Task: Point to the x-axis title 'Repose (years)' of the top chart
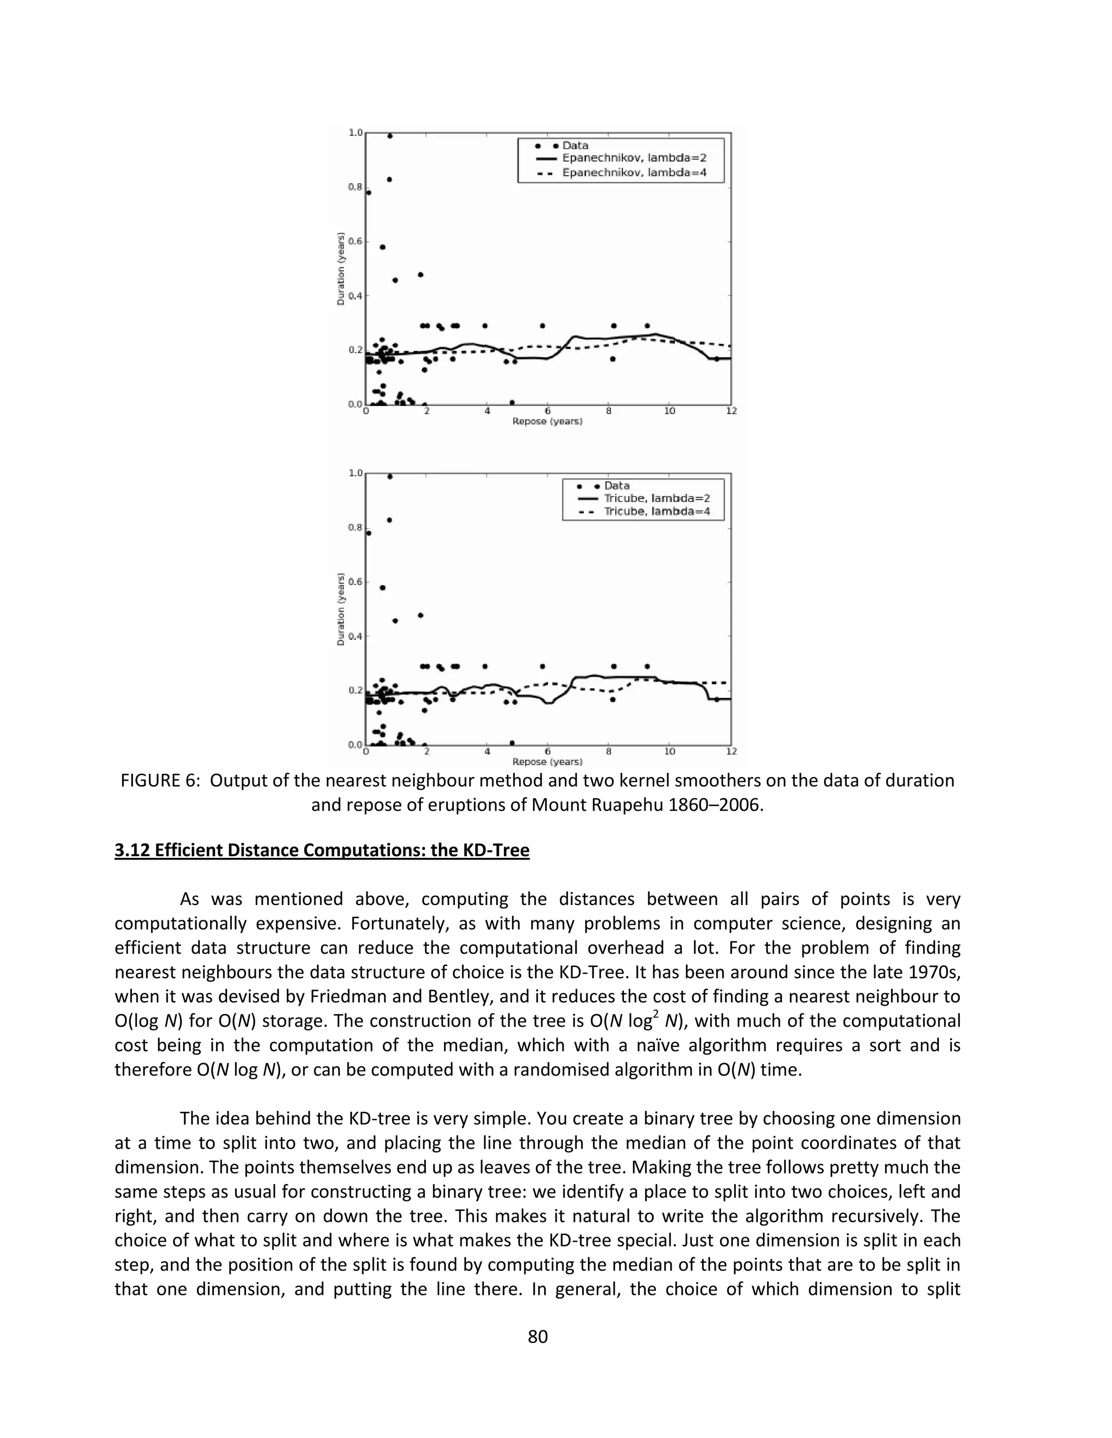tap(547, 422)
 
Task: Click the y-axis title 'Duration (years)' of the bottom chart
tap(340, 609)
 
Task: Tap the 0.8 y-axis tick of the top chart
tap(355, 187)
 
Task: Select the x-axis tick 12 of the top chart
tap(731, 411)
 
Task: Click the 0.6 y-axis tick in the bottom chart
tap(355, 582)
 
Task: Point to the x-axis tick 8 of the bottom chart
tap(609, 751)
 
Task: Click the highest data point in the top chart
tap(389, 136)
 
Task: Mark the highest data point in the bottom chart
tap(389, 476)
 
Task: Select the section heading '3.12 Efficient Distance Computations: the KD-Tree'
tap(321, 851)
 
